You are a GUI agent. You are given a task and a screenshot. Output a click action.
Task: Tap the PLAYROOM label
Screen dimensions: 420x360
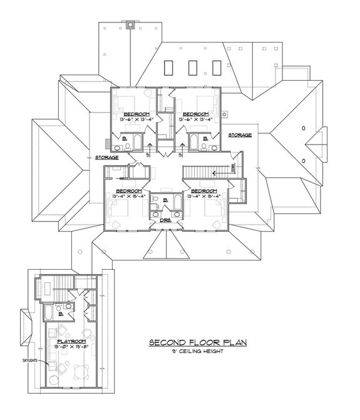(66, 341)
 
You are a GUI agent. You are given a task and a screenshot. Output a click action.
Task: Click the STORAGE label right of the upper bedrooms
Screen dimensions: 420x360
(239, 135)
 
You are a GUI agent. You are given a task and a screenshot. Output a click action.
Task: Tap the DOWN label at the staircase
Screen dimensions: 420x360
(233, 167)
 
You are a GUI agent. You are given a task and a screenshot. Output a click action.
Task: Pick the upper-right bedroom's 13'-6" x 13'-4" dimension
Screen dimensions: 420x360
(196, 119)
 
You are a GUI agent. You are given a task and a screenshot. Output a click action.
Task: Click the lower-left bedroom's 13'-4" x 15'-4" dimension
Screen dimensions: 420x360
(129, 196)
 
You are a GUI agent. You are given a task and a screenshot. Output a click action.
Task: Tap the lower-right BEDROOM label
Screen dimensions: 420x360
(203, 190)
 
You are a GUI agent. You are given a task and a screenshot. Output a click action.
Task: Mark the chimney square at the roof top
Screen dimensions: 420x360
(130, 26)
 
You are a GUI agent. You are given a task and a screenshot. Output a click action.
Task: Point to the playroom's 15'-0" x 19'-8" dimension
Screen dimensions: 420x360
(66, 346)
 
